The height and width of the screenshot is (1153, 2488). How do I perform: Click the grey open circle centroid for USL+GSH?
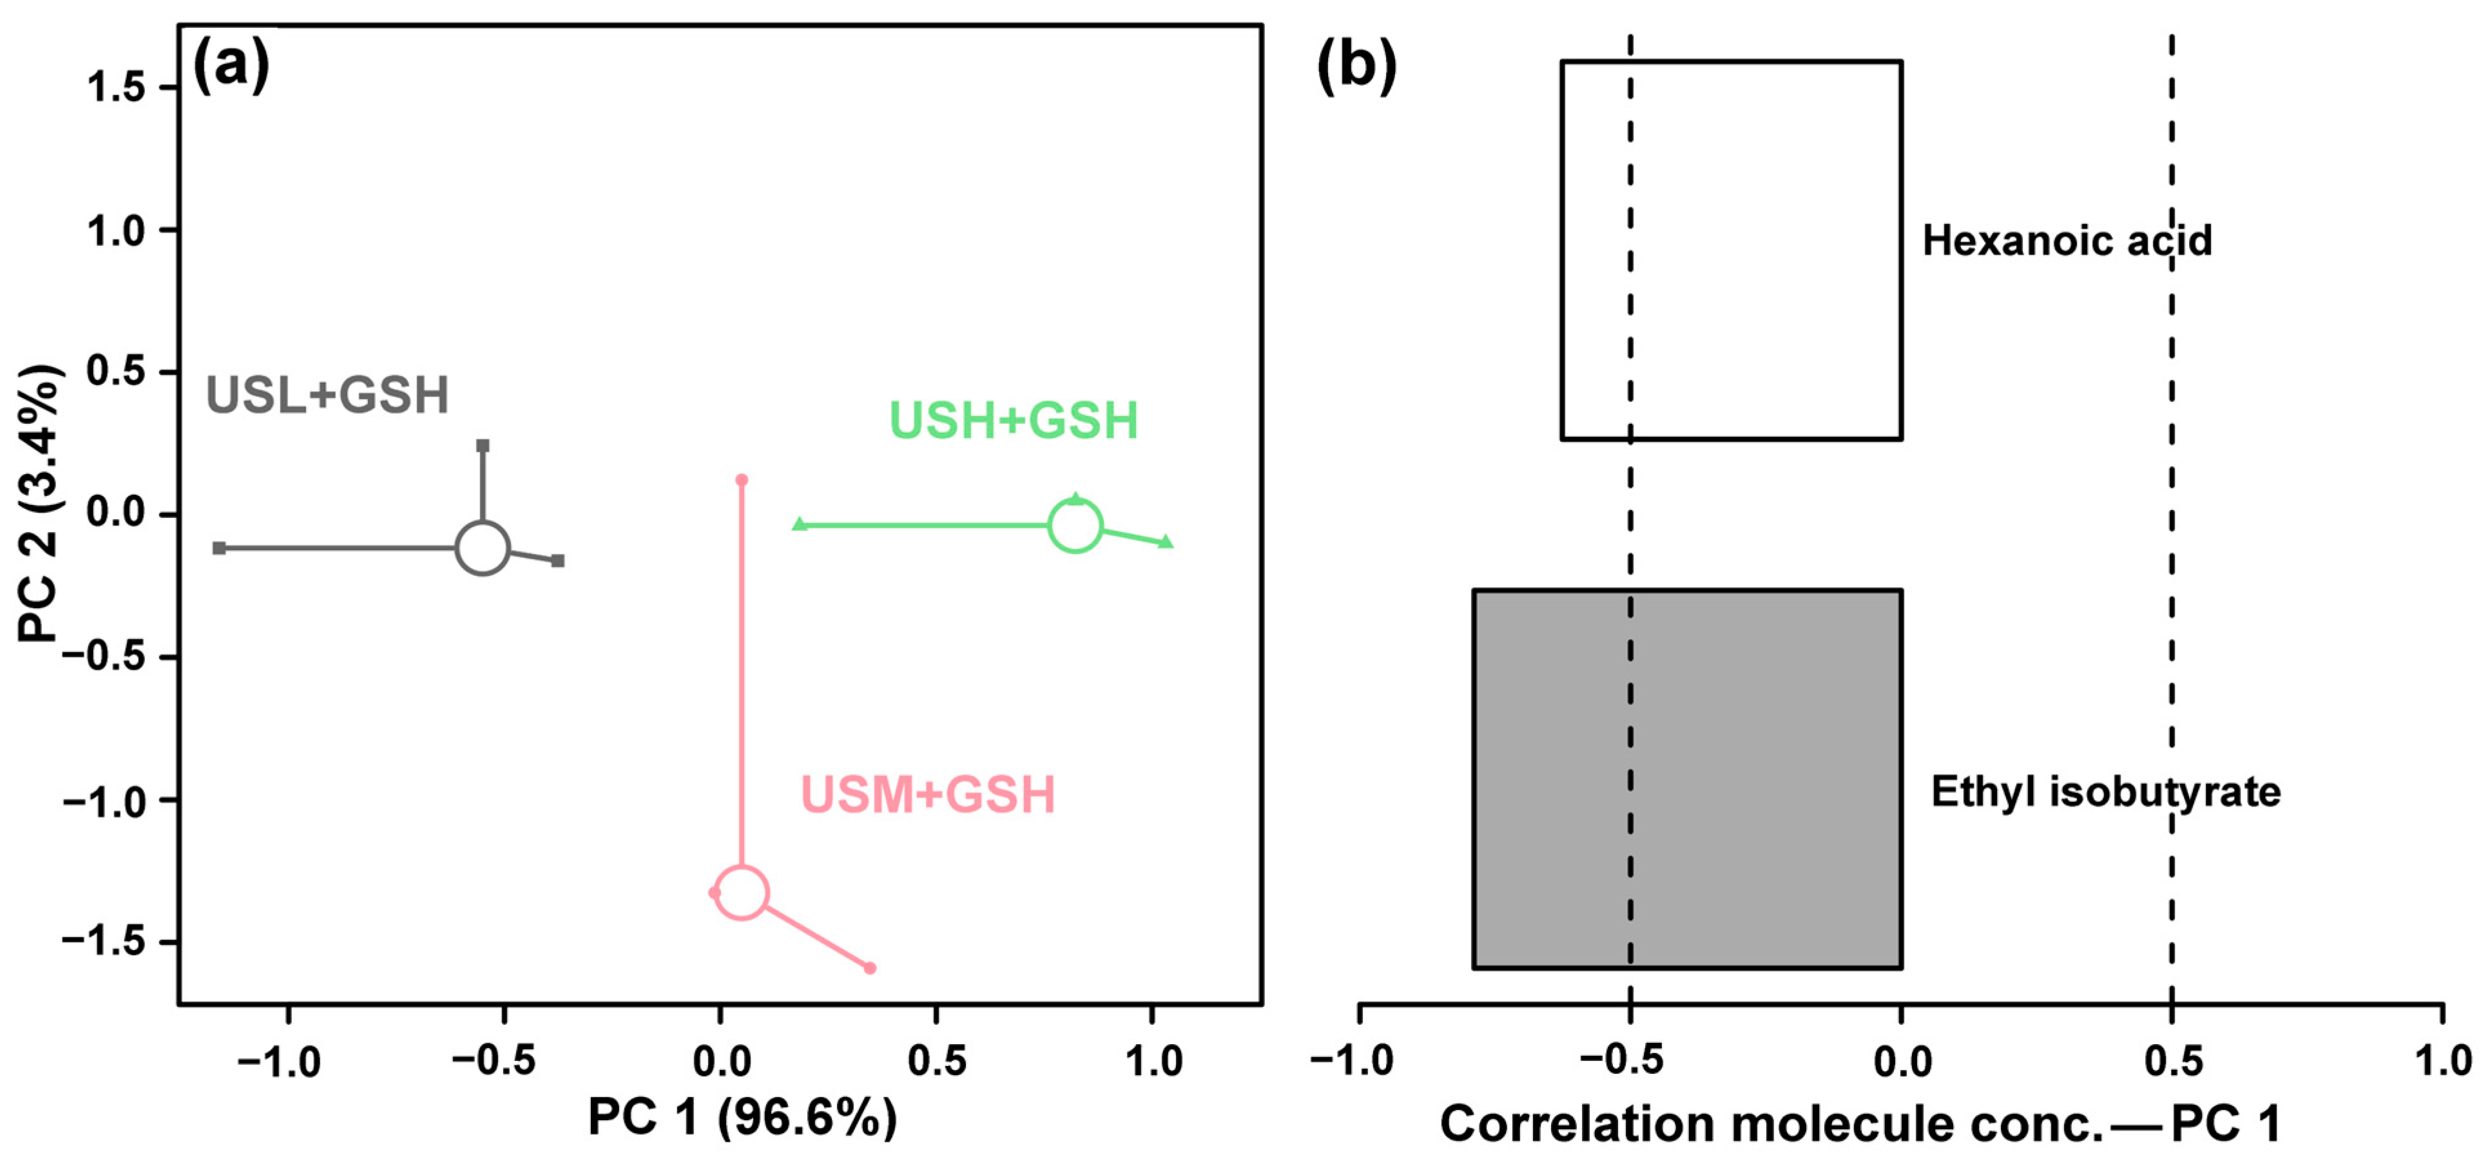482,548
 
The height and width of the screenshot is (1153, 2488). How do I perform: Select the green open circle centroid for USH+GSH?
1075,526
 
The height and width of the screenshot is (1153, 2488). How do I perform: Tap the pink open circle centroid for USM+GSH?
741,891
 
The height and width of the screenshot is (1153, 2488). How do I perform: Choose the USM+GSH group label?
927,795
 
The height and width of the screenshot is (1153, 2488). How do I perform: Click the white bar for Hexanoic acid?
1731,250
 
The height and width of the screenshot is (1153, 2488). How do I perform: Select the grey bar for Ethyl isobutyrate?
1686,778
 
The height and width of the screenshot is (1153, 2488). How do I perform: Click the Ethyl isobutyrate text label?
2105,792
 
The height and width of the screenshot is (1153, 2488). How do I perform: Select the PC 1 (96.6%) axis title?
742,1118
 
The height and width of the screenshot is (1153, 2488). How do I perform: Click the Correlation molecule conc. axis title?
1859,1124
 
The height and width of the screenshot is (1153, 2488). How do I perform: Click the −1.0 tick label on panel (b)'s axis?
1351,1062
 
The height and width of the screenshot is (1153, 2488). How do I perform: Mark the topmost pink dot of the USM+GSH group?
742,480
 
